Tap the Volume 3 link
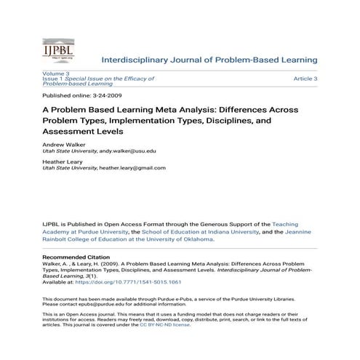click(55, 73)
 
